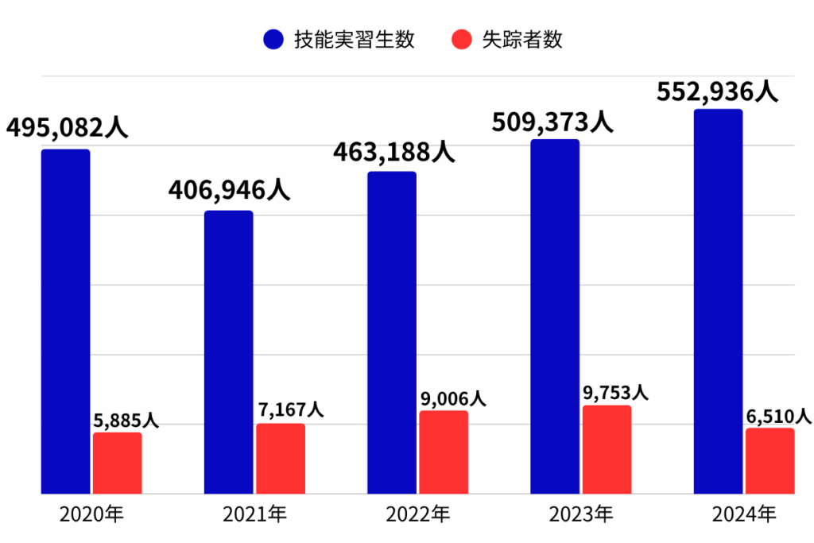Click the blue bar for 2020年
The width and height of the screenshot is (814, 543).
(x=65, y=321)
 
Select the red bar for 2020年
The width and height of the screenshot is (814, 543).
(x=117, y=463)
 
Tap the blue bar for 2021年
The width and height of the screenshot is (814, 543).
(x=228, y=352)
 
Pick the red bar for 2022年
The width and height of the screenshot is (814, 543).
(x=444, y=452)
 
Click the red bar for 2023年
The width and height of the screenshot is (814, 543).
(x=607, y=449)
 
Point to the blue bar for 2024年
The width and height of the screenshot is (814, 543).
(x=718, y=301)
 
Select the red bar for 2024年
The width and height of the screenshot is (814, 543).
(x=769, y=460)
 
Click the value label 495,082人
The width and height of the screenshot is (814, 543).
(x=67, y=127)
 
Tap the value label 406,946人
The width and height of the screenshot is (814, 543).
(x=229, y=190)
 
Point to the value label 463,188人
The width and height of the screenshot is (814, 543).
(x=393, y=150)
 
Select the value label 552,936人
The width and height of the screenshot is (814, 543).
(x=717, y=91)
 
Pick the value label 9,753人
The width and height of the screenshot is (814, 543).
(x=617, y=393)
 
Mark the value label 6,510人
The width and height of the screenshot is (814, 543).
(x=778, y=416)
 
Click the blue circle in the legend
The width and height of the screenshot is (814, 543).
(x=273, y=40)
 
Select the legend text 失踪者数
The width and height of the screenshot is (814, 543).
(x=522, y=40)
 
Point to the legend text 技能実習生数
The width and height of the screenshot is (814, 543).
(x=355, y=40)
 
